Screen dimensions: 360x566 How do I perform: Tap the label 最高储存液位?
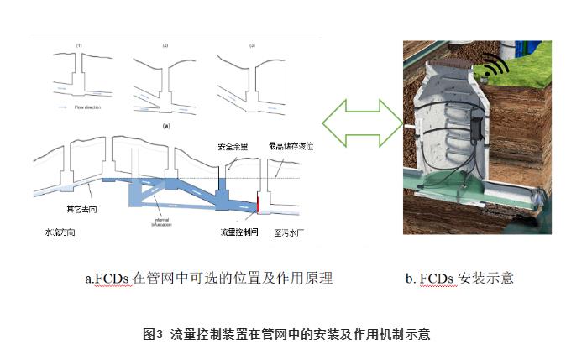289,145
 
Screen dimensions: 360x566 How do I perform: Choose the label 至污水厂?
288,232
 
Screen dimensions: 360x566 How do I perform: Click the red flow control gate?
259,203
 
